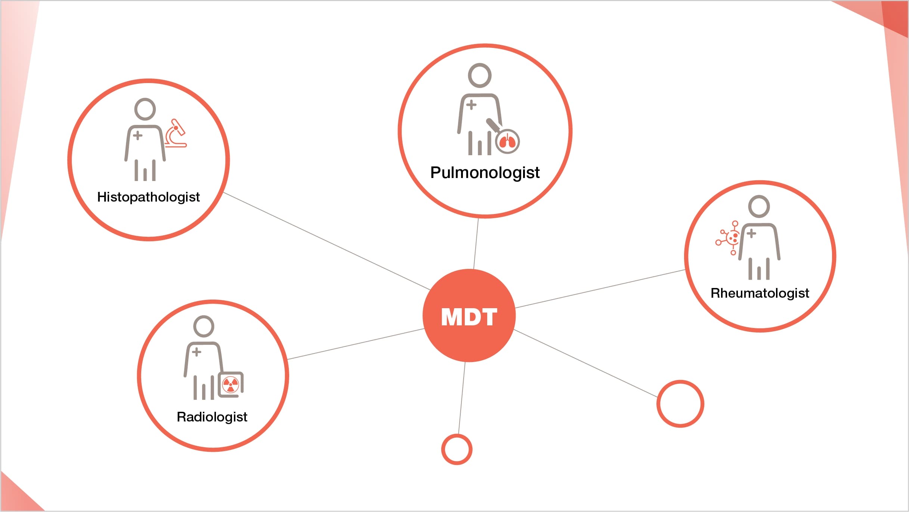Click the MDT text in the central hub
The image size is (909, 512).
469,317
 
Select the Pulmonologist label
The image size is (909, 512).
485,173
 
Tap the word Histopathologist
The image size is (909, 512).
148,197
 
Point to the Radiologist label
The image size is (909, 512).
212,417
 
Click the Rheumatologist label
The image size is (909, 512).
760,293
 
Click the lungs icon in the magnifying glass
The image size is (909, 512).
507,142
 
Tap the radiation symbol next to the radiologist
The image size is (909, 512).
231,384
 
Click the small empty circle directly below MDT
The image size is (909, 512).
457,449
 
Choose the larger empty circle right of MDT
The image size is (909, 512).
680,404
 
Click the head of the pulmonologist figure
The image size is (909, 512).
479,75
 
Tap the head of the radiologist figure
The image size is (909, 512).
204,326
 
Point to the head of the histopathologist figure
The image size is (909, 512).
145,109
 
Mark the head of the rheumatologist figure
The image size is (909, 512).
759,206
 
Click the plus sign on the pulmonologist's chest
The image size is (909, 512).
471,104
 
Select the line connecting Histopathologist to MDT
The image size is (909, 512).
327,241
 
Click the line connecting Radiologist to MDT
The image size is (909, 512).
355,344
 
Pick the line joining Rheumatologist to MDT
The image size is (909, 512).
600,289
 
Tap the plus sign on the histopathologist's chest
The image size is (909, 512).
137,135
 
